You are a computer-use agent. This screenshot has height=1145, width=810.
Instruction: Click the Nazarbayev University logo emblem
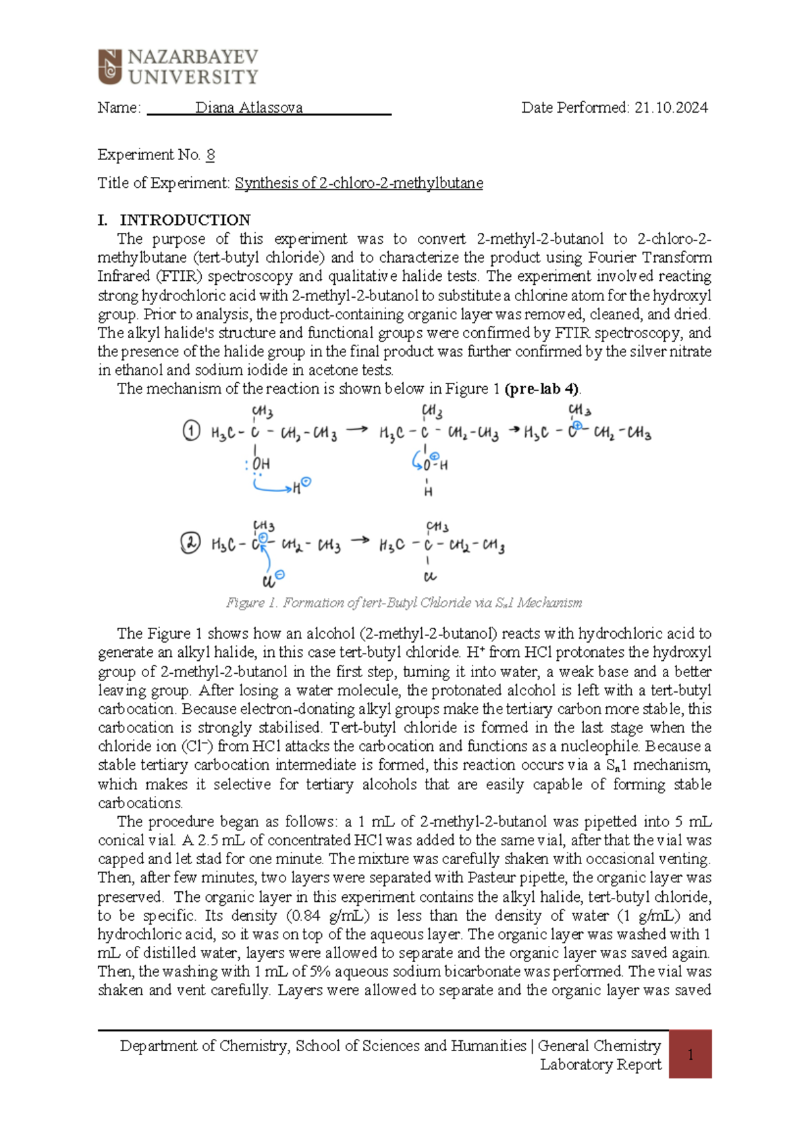click(110, 67)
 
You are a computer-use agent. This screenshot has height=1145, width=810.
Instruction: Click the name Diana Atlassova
click(248, 107)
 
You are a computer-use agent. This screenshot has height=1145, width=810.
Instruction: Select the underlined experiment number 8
click(211, 155)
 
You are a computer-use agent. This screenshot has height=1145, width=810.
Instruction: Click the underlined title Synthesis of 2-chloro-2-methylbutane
click(358, 183)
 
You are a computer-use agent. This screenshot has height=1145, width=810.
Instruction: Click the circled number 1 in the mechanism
click(192, 431)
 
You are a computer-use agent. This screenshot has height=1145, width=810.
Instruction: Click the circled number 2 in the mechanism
click(190, 543)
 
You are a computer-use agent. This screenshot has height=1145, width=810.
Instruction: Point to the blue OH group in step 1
click(261, 464)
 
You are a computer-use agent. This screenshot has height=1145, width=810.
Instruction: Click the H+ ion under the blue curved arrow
click(300, 486)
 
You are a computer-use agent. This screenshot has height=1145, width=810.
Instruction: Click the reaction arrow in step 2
click(360, 540)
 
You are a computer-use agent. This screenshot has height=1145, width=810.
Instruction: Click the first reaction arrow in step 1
click(357, 429)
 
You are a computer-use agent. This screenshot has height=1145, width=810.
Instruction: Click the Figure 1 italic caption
click(404, 602)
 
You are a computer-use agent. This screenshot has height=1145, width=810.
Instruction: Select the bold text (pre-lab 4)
click(542, 389)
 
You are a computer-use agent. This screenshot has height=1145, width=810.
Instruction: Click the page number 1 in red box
click(690, 1055)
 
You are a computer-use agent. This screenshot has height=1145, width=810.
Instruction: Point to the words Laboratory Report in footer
click(600, 1065)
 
